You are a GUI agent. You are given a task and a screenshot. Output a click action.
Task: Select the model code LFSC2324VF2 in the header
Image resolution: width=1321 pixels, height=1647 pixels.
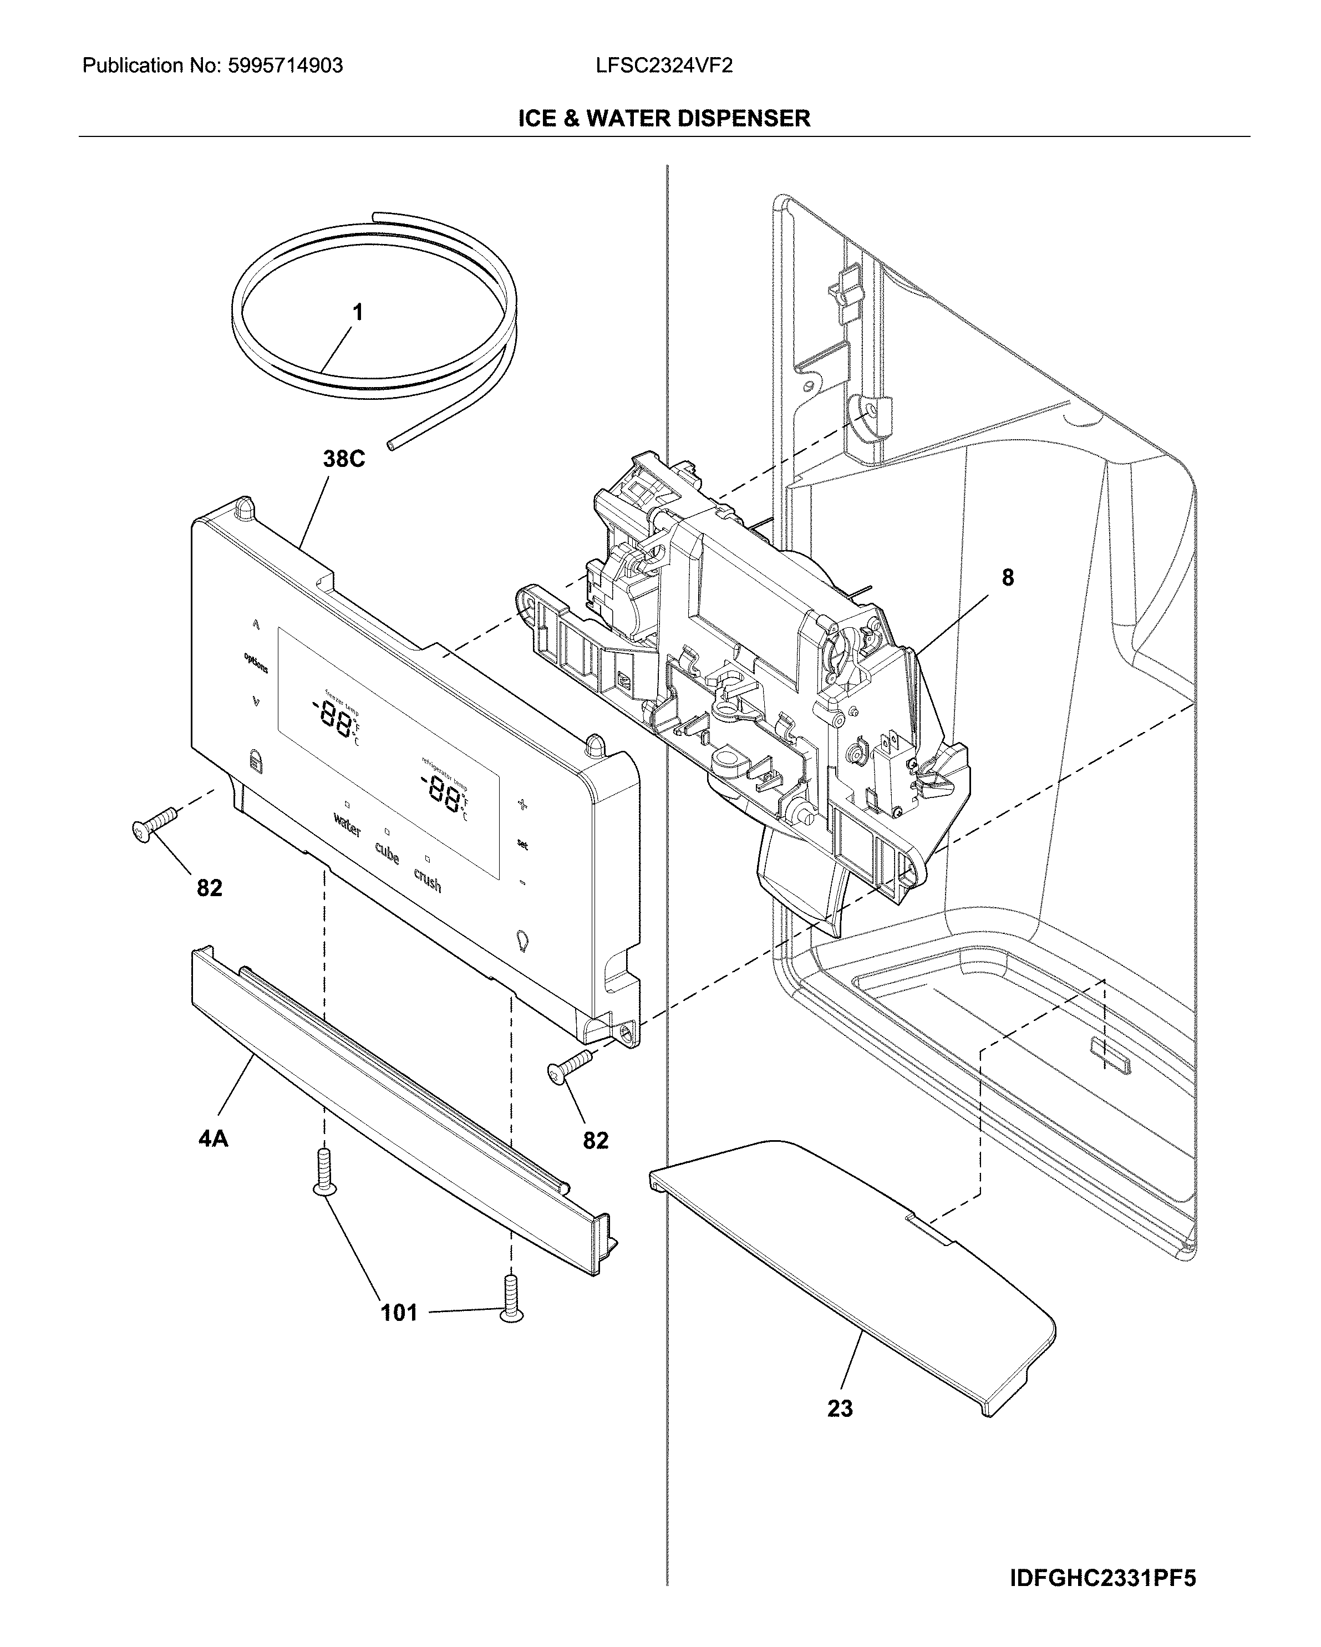pos(664,65)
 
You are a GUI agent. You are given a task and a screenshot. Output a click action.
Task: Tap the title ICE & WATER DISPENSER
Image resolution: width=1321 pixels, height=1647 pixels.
pos(664,119)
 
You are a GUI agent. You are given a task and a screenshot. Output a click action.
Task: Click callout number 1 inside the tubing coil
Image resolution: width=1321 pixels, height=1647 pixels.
pos(357,312)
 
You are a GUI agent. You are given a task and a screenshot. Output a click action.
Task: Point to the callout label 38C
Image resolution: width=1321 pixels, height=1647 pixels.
pos(343,459)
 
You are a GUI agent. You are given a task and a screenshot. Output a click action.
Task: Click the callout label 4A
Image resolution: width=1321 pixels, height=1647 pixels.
pos(213,1139)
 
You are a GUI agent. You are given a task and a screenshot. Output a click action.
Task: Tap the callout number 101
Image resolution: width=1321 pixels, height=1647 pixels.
pos(399,1313)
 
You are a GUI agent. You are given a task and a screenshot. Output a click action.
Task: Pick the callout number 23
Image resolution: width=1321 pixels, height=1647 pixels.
pos(840,1409)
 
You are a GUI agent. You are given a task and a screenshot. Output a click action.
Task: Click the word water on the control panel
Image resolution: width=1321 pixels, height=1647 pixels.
pos(347,826)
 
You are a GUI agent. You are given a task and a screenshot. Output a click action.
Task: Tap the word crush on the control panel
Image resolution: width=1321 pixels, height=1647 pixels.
pos(428,880)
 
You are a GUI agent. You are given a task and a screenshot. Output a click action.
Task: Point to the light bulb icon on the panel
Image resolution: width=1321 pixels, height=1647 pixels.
pos(522,941)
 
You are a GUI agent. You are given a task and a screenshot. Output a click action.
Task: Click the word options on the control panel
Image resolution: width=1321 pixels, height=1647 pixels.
pos(256,662)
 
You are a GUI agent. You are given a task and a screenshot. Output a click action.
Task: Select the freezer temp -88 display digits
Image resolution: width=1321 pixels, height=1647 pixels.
pos(334,718)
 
